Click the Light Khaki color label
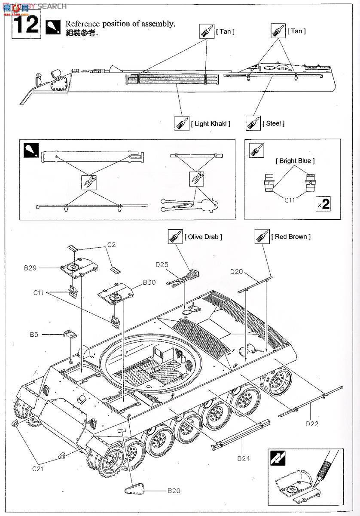point(211,124)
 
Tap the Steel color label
point(273,123)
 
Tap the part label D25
point(162,264)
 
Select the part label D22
point(312,423)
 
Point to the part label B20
point(174,490)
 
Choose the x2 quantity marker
point(323,204)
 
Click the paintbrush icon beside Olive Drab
point(175,236)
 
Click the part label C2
point(112,245)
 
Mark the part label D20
point(237,271)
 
